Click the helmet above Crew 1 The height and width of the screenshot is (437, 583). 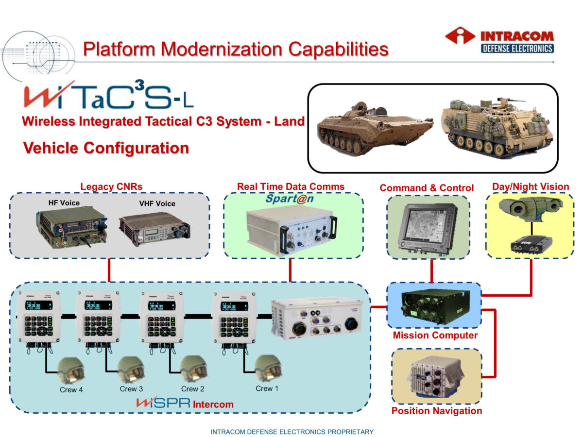tap(268, 368)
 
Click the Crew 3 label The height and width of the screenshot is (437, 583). tap(131, 389)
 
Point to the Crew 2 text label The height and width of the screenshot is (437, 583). tap(192, 389)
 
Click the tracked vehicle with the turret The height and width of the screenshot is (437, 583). tap(374, 127)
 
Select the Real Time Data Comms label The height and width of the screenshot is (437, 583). tap(291, 186)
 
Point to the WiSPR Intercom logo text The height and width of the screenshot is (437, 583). tap(185, 403)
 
